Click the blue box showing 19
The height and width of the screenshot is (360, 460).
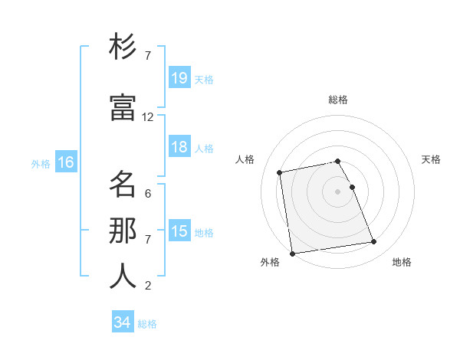click(179, 78)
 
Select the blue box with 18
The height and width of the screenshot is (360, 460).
click(179, 148)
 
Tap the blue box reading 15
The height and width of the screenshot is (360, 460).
click(179, 231)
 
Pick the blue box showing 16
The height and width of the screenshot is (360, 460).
click(65, 162)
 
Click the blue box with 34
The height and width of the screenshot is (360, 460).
click(123, 322)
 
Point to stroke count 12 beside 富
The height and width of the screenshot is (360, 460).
click(148, 117)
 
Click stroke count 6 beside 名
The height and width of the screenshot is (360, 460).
click(148, 194)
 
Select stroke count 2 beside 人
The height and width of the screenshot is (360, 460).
click(148, 286)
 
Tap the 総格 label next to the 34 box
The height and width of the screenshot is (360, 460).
click(147, 324)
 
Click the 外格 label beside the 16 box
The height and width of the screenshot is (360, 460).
click(40, 163)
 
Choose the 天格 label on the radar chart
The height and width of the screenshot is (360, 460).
click(431, 159)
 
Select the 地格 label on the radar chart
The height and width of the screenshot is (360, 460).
click(402, 262)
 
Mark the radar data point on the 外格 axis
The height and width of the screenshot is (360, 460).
click(292, 253)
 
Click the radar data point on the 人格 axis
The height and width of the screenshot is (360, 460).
click(280, 172)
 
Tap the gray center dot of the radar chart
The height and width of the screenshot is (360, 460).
click(337, 191)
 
